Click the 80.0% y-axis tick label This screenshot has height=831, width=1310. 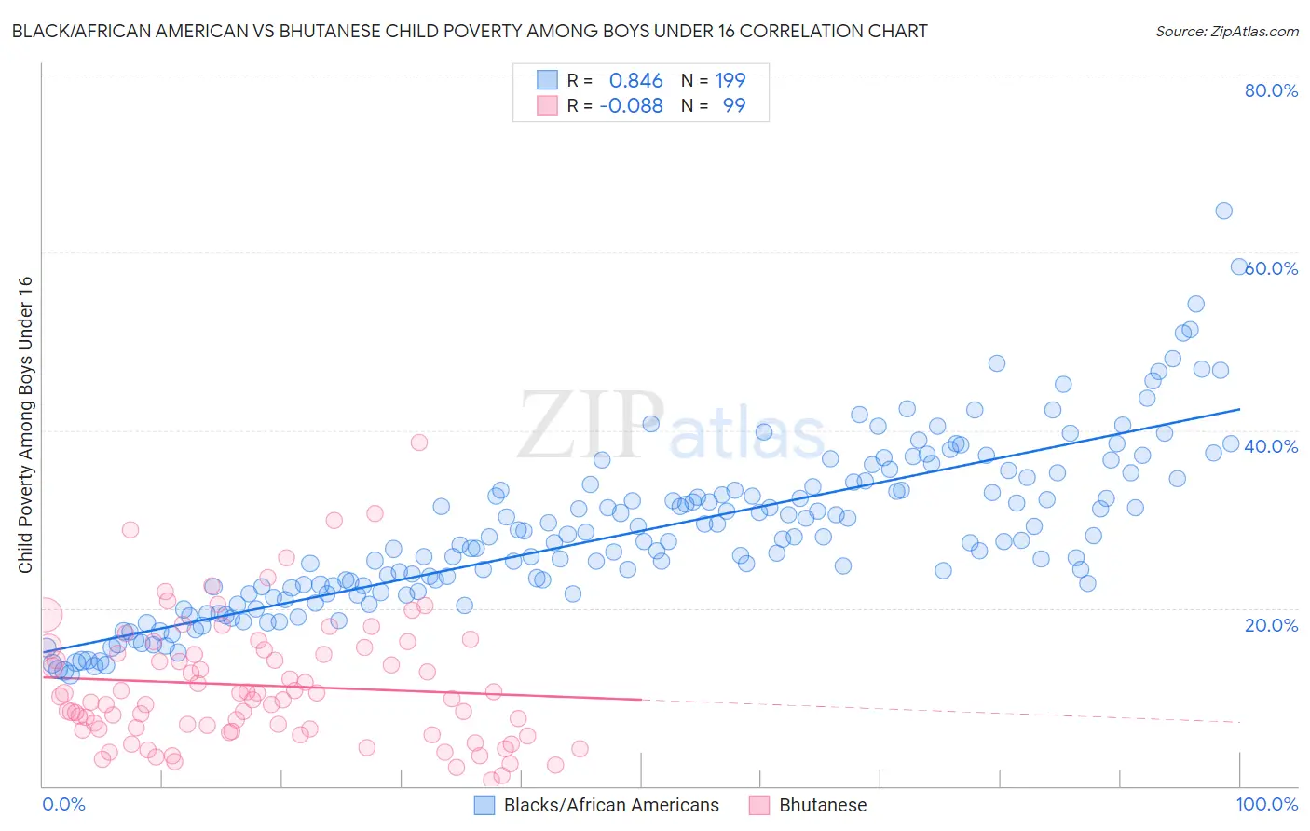[x=1271, y=90]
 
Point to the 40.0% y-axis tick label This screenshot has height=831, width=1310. [x=1271, y=446]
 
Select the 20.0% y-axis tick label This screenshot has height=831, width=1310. [x=1271, y=624]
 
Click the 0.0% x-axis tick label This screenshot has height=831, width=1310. [x=63, y=804]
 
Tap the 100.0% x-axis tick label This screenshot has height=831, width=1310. [x=1266, y=804]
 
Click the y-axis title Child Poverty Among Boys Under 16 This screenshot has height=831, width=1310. [x=25, y=425]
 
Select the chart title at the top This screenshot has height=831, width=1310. [x=470, y=31]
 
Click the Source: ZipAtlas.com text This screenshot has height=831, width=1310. [x=1226, y=31]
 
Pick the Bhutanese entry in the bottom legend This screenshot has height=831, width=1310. [x=823, y=805]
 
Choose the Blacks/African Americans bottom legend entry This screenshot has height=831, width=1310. [x=611, y=805]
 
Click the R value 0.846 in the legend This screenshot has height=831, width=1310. [x=635, y=81]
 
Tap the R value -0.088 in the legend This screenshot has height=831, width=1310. [x=631, y=105]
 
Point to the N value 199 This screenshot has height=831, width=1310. [x=730, y=81]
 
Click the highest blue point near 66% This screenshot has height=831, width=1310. [x=1223, y=211]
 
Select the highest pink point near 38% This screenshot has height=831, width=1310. [x=418, y=443]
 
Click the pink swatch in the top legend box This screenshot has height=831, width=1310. [x=547, y=105]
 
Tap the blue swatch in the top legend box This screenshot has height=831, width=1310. [x=547, y=80]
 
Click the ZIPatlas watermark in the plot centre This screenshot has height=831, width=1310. [x=671, y=427]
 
